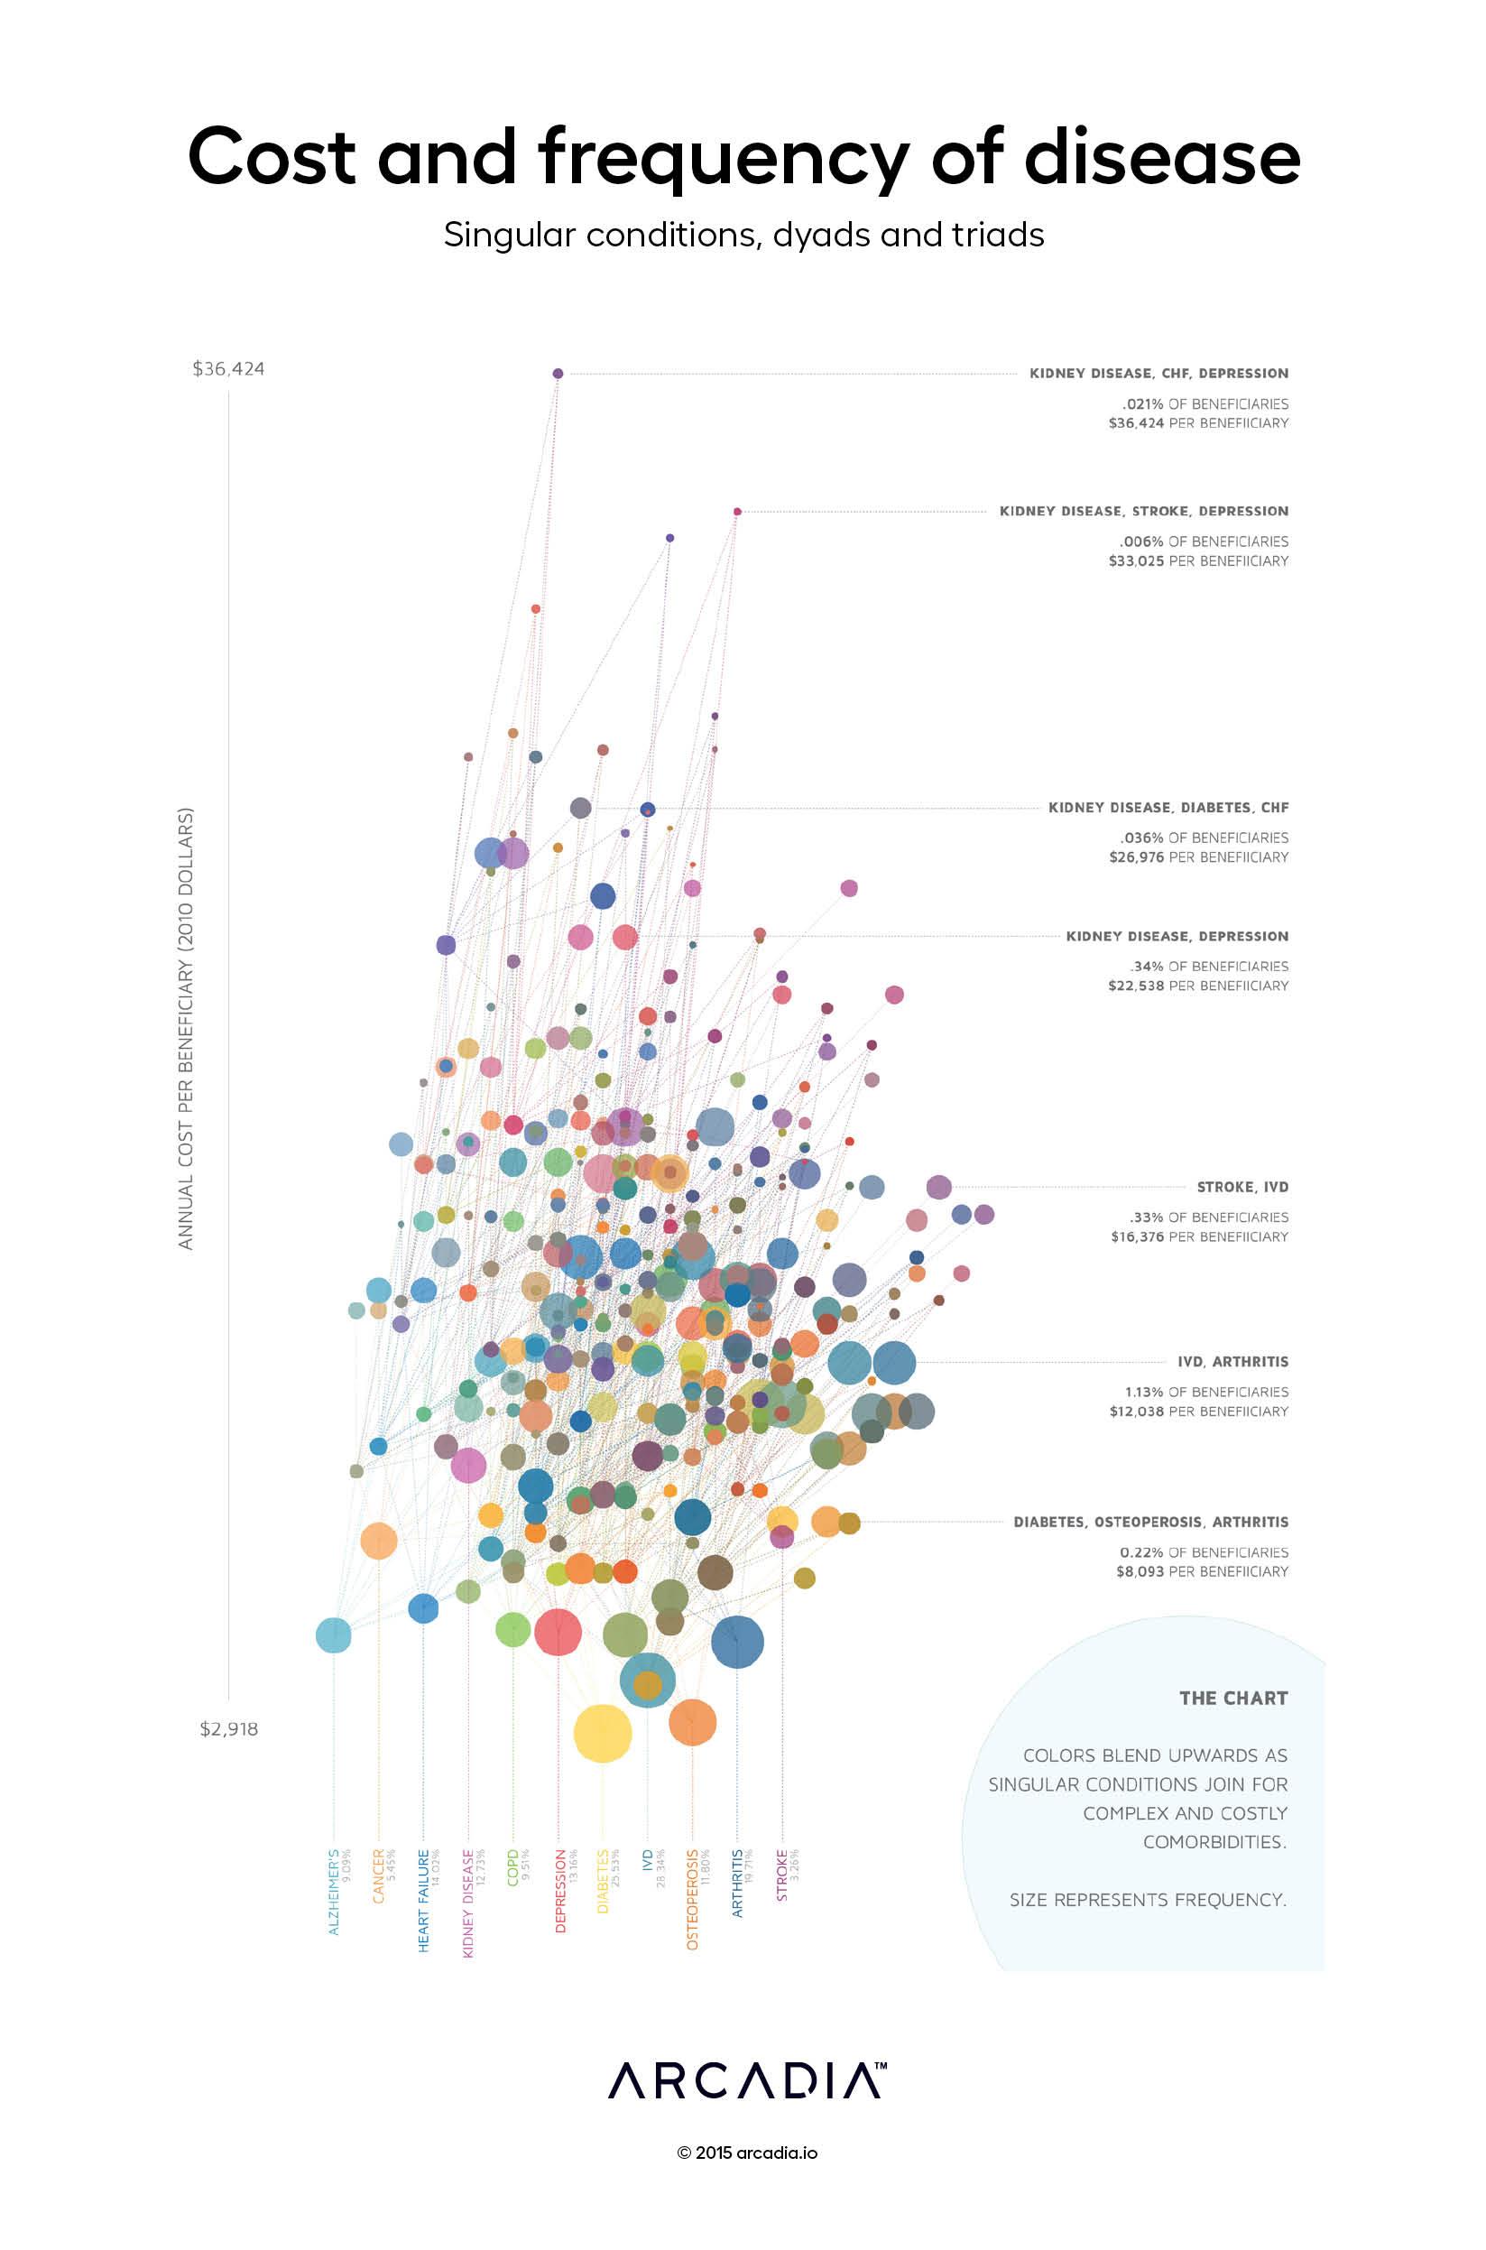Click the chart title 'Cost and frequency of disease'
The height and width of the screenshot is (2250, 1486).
(x=743, y=157)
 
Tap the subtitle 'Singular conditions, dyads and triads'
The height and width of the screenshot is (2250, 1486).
(x=743, y=235)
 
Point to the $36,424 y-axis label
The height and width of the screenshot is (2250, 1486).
(x=228, y=368)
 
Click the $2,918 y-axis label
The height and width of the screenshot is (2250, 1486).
(x=228, y=1728)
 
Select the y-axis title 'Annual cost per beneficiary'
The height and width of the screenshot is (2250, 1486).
(x=186, y=1028)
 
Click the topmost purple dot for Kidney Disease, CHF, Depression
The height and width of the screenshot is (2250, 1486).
(x=558, y=374)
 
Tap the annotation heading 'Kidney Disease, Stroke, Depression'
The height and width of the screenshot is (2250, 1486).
(x=1143, y=511)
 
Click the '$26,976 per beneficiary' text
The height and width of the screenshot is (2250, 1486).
(x=1198, y=856)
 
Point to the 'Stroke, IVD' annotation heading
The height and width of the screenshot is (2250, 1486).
(x=1241, y=1187)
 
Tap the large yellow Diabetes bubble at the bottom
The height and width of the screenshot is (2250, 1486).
(x=602, y=1734)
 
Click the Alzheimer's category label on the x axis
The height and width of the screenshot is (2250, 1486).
(x=334, y=1891)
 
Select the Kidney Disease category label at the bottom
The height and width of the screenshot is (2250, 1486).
(x=468, y=1902)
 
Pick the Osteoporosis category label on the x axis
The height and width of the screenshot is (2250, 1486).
(x=692, y=1897)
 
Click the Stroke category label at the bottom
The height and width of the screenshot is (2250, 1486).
(x=782, y=1874)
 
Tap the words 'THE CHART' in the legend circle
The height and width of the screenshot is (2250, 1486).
(x=1233, y=1699)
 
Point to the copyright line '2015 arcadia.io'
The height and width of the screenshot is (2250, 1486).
(x=747, y=2153)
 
